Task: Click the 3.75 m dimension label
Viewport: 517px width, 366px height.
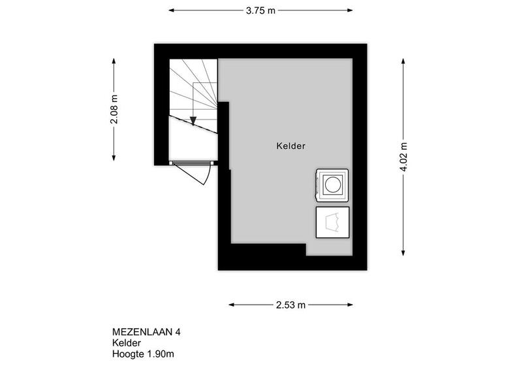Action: [x=260, y=10]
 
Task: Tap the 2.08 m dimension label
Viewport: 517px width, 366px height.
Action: [x=114, y=109]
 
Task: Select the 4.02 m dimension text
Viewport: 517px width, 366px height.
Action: [x=403, y=157]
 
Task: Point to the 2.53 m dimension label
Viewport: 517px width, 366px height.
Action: [x=291, y=305]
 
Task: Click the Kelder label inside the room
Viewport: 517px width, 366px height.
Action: [x=291, y=146]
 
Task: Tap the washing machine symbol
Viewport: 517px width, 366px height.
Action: [x=332, y=185]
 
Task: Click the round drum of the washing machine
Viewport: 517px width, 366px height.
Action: [x=332, y=184]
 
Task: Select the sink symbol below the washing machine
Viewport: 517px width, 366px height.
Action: [x=332, y=222]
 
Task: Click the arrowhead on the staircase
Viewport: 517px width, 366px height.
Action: [x=193, y=121]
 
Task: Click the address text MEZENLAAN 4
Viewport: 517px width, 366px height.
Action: [x=146, y=332]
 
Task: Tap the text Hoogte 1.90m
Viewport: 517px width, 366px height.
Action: [x=143, y=354]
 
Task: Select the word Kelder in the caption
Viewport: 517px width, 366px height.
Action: [x=127, y=343]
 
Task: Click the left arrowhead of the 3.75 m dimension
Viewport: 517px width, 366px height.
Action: [x=171, y=10]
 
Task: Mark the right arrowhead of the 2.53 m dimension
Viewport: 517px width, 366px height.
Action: [x=350, y=305]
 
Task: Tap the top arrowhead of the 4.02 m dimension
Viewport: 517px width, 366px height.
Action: [x=403, y=61]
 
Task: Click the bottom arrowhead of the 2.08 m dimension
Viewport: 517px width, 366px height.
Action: [x=114, y=158]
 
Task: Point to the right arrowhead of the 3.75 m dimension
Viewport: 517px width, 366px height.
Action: [x=350, y=10]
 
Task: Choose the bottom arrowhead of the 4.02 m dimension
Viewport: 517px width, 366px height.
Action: [x=403, y=253]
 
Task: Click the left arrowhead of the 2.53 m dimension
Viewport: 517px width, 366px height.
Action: [x=232, y=305]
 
